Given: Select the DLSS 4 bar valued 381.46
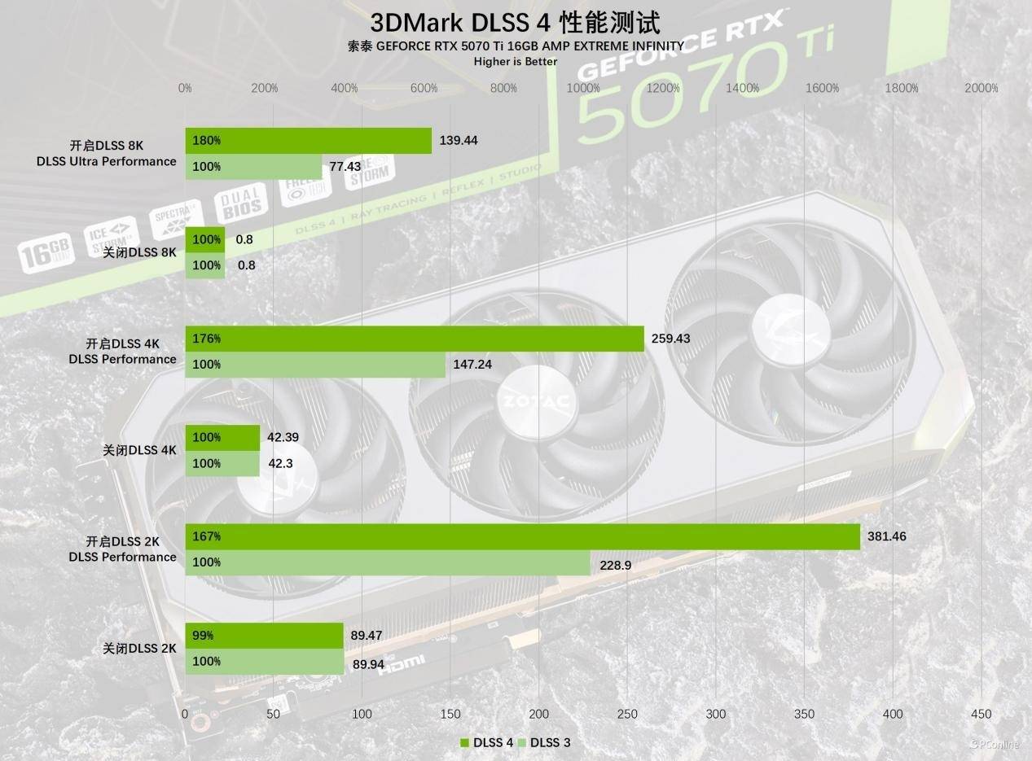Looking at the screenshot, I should pyautogui.click(x=522, y=536).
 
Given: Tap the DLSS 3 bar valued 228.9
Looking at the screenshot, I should pyautogui.click(x=388, y=562).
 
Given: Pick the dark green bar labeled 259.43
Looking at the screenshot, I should pyautogui.click(x=415, y=339).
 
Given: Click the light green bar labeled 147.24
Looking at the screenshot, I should pyautogui.click(x=315, y=365).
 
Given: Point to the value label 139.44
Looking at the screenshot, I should pyautogui.click(x=458, y=141).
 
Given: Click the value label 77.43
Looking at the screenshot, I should pyautogui.click(x=345, y=166).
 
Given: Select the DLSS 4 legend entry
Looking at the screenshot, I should pyautogui.click(x=487, y=742).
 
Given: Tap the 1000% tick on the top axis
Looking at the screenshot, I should pyautogui.click(x=583, y=88).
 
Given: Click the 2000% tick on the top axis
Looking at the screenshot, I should pyautogui.click(x=981, y=88).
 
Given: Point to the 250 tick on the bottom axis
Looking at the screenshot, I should pyautogui.click(x=627, y=714).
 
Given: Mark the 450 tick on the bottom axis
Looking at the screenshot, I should pyautogui.click(x=981, y=714).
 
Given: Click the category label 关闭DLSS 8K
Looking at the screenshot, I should pyautogui.click(x=139, y=252).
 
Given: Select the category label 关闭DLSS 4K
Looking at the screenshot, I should pyautogui.click(x=139, y=450).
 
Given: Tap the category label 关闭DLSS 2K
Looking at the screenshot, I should pyautogui.click(x=139, y=649).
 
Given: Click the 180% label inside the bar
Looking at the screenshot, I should pyautogui.click(x=207, y=141).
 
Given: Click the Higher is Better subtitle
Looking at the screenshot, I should pyautogui.click(x=516, y=61).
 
